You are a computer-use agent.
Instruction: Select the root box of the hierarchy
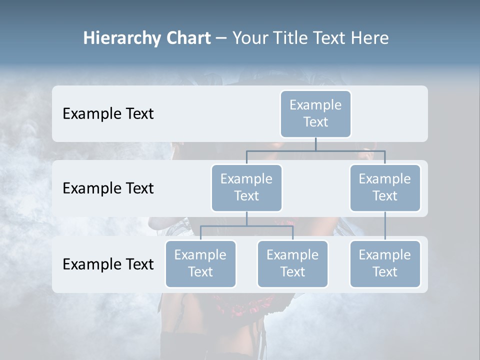(315, 114)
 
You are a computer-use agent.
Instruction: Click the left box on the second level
(246, 188)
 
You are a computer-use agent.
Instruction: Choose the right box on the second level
(385, 188)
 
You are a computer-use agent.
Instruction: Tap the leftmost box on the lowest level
(200, 264)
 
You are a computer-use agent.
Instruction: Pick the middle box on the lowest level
(292, 264)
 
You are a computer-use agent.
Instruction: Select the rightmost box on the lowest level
(385, 264)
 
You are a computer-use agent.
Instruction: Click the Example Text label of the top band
(108, 114)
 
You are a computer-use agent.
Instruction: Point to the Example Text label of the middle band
(108, 188)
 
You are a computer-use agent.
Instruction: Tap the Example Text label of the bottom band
(108, 264)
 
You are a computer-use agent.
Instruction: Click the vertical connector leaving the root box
(315, 144)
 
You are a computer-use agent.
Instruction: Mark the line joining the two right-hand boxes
(385, 226)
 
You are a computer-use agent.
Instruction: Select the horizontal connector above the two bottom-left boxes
(246, 226)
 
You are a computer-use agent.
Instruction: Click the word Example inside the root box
(315, 105)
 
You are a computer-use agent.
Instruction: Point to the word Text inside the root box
(315, 122)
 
